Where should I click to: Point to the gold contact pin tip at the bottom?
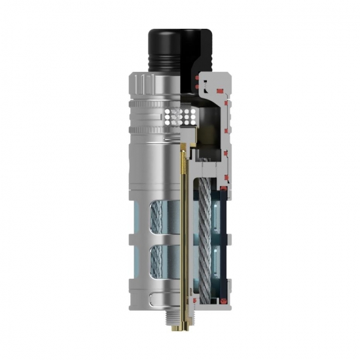[x=181, y=325]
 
